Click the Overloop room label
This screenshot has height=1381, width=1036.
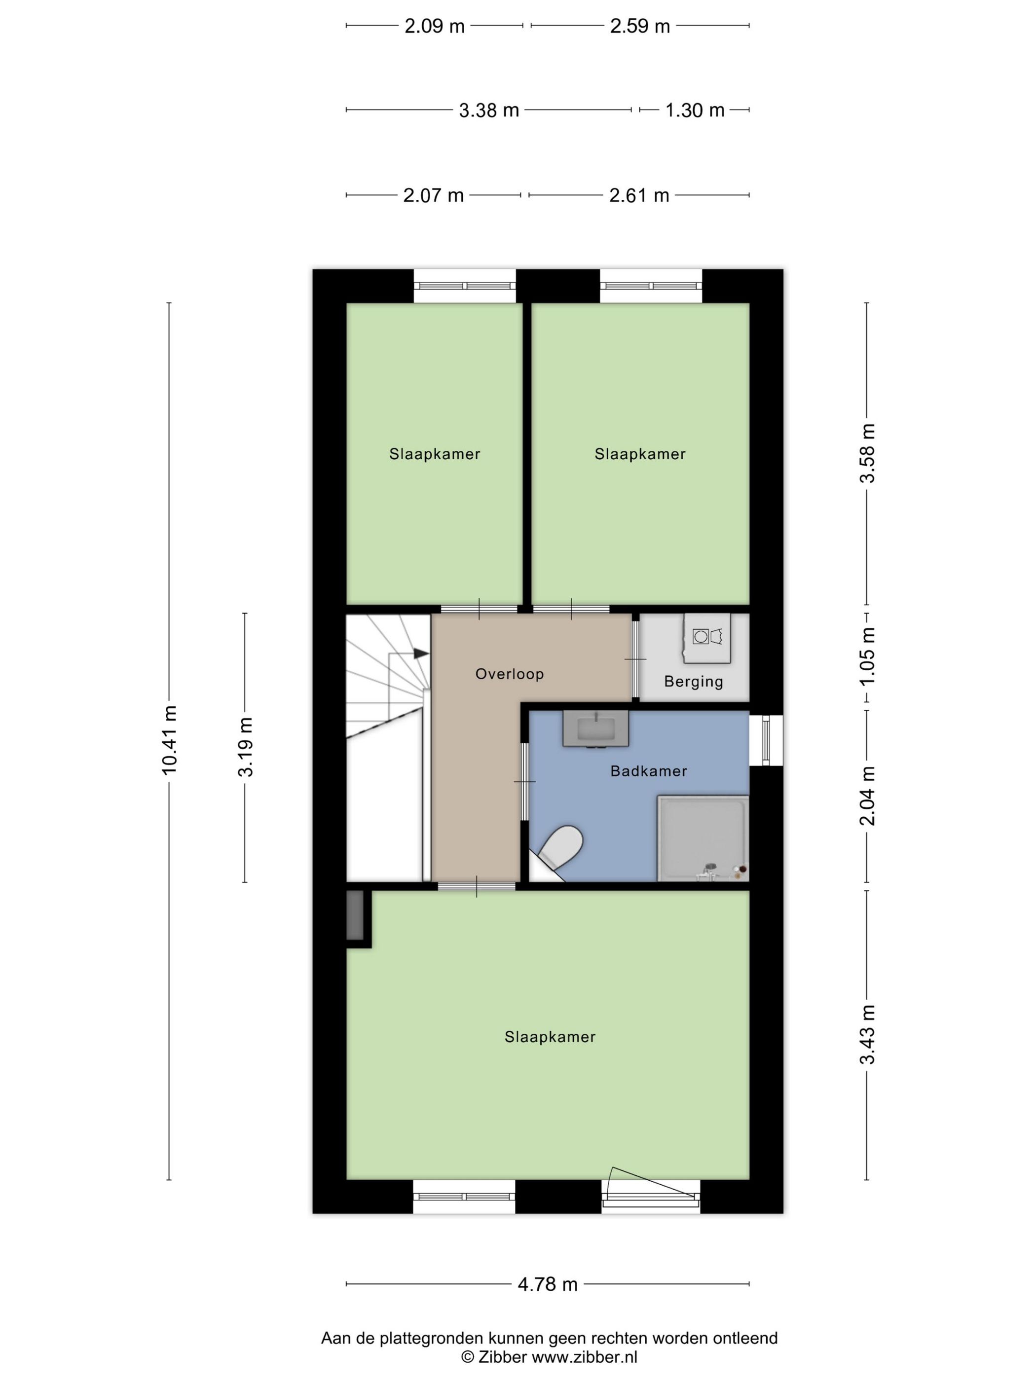click(x=509, y=674)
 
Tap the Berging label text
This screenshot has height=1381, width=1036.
click(x=693, y=682)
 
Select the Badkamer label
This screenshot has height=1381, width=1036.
click(x=648, y=771)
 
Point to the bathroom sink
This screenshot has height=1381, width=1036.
click(x=595, y=728)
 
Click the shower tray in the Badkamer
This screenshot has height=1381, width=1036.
click(x=703, y=838)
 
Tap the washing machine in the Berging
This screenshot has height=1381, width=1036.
click(x=707, y=637)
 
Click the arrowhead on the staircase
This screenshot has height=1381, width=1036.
click(x=421, y=653)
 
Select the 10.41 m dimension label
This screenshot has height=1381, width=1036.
click(x=169, y=740)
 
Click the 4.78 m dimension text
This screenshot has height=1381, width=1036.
click(x=547, y=1284)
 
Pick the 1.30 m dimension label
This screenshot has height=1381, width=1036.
click(x=695, y=110)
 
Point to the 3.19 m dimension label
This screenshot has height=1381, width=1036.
click(x=245, y=747)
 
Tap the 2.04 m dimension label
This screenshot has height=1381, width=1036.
click(x=867, y=796)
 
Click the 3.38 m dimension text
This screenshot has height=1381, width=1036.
click(x=489, y=110)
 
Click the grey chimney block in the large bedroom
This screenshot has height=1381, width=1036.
click(x=355, y=915)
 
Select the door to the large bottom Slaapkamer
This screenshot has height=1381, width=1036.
click(x=477, y=886)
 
